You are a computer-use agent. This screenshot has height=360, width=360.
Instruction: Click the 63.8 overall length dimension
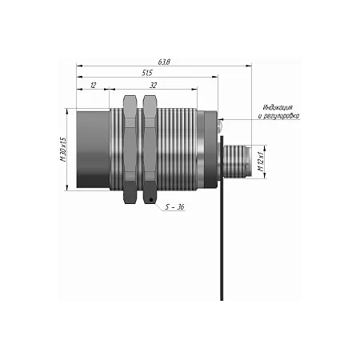[x=164, y=62]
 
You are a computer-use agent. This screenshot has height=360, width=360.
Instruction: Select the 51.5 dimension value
[x=147, y=73]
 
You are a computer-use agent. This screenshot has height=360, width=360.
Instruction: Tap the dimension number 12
[x=93, y=86]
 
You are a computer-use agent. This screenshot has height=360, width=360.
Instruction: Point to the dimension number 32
[x=153, y=86]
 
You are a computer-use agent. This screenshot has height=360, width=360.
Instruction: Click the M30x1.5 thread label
[x=63, y=150]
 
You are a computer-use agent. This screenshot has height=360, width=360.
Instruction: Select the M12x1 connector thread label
[x=261, y=162]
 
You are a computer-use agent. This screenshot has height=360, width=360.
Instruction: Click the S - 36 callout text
[x=174, y=207]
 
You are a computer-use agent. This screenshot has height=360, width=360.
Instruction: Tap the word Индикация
[x=278, y=107]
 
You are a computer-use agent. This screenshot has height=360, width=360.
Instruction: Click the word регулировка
[x=281, y=116]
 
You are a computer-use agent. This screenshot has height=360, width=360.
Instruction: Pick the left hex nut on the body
[x=130, y=150]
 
